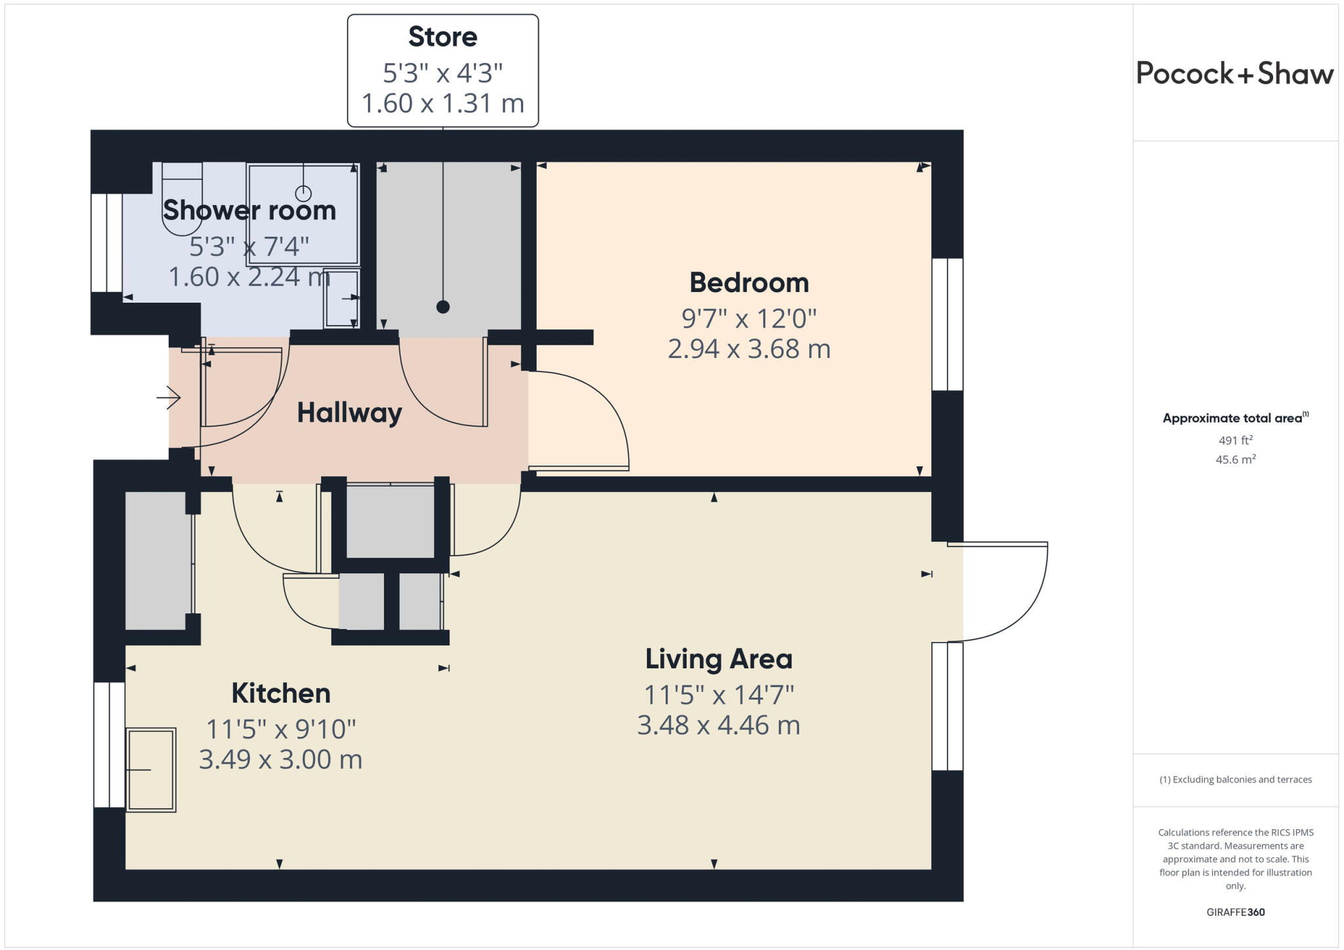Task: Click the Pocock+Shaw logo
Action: (x=1234, y=74)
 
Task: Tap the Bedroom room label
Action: (x=749, y=283)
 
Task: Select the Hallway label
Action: (x=349, y=413)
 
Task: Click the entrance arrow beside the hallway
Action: (x=169, y=397)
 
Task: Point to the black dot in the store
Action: (x=443, y=307)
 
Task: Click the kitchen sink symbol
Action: (x=151, y=769)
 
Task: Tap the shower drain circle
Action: (x=303, y=194)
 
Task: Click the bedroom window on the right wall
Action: (x=947, y=324)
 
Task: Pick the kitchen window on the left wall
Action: (x=109, y=745)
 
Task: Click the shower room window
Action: (x=106, y=243)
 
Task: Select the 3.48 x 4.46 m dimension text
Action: (x=719, y=725)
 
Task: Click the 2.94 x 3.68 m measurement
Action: (x=749, y=349)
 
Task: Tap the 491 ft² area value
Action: (x=1235, y=441)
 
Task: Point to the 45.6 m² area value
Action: (x=1235, y=460)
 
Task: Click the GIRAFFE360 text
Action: (x=1235, y=912)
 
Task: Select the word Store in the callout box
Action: (x=442, y=37)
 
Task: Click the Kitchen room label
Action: (x=280, y=693)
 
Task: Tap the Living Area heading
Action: (x=719, y=659)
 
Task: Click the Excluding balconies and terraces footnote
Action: (x=1235, y=779)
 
